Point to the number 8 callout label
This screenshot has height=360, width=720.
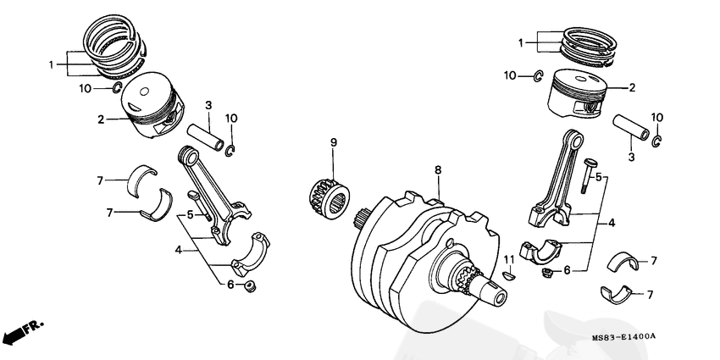click(x=438, y=170)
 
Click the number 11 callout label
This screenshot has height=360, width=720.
click(x=509, y=258)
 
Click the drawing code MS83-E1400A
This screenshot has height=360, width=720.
click(x=623, y=338)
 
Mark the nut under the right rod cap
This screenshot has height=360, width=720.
click(x=548, y=273)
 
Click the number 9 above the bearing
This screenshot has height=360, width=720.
click(x=333, y=142)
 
